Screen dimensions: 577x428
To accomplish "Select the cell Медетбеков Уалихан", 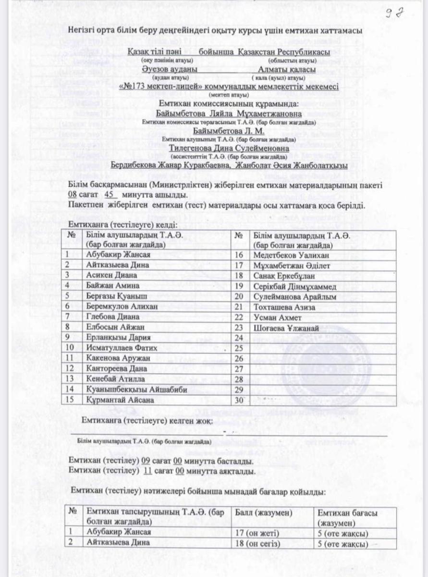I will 284,254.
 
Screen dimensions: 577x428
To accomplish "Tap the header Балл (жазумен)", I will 263,513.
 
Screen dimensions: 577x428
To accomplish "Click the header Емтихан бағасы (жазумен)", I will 347,517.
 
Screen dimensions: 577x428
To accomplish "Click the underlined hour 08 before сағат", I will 73,196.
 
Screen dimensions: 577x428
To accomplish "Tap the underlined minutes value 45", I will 114,196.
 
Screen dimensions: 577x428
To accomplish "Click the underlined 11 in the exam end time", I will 148,471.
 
